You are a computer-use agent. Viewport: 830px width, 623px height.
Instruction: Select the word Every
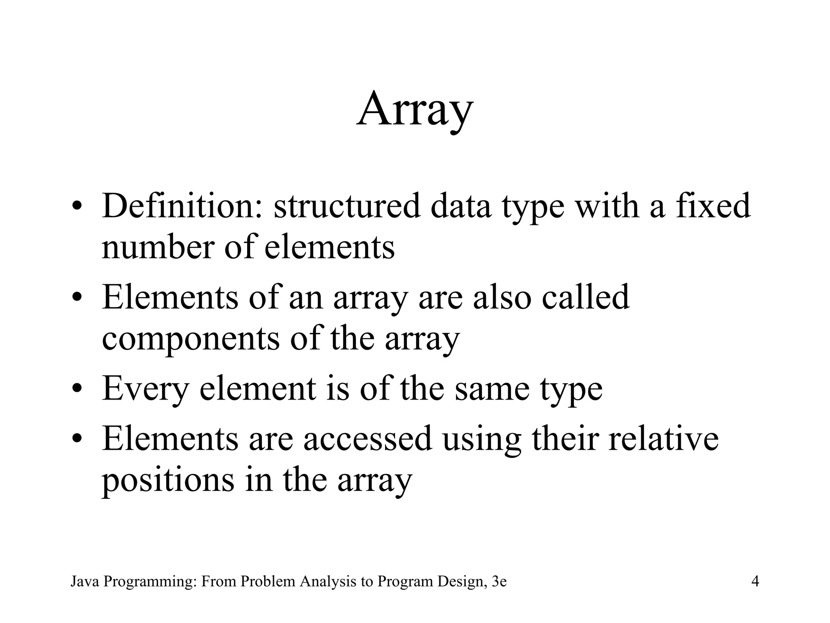tap(145, 389)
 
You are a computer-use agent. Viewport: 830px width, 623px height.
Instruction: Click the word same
tap(492, 389)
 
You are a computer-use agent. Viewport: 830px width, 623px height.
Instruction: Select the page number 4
tap(755, 581)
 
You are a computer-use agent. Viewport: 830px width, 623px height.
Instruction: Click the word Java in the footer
tap(85, 581)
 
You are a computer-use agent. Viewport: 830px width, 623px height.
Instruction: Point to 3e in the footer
tap(499, 581)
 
